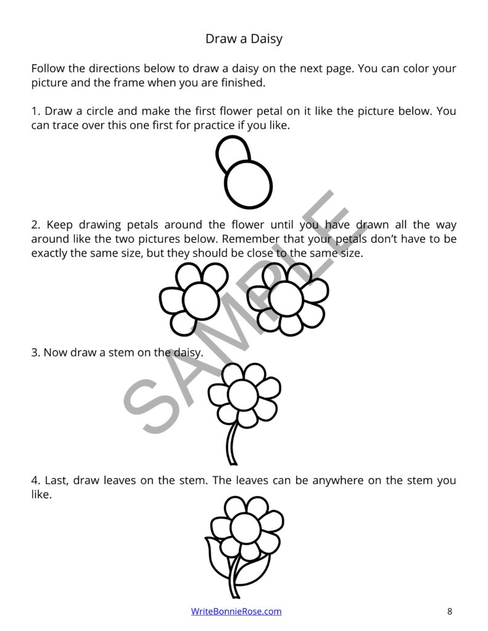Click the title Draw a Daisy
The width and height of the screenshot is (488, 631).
pyautogui.click(x=244, y=39)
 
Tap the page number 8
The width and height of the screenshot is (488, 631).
pyautogui.click(x=450, y=611)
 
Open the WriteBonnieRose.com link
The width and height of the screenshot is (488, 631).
pyautogui.click(x=236, y=611)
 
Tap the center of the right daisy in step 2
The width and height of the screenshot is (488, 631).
pyautogui.click(x=286, y=298)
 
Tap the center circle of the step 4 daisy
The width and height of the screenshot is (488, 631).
pyautogui.click(x=245, y=527)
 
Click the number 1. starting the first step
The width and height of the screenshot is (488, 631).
pyautogui.click(x=36, y=112)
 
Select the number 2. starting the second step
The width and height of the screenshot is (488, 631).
pyautogui.click(x=36, y=225)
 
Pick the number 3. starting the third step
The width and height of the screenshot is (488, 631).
pyautogui.click(x=36, y=353)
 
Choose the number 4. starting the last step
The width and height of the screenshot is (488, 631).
pyautogui.click(x=36, y=481)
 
